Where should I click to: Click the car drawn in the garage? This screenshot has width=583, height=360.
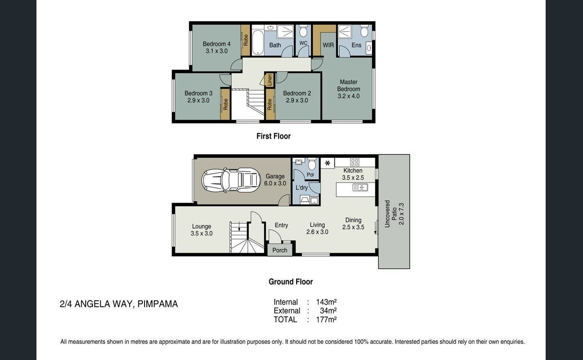[231, 180]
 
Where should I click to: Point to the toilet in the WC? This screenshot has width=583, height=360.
[303, 32]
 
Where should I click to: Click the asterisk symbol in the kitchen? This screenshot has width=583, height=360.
[327, 163]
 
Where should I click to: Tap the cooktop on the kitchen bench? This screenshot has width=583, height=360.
[355, 162]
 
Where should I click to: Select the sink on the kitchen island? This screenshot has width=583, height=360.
[360, 188]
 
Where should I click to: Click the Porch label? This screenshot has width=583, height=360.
[280, 250]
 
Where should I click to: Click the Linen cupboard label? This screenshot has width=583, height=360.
[269, 80]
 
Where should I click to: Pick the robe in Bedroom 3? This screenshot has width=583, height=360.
[225, 104]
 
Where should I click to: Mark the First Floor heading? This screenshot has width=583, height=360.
[273, 136]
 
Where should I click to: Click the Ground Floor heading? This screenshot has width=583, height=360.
[290, 282]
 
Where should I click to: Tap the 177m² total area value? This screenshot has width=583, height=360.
[326, 320]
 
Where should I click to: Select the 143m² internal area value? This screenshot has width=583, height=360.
[326, 302]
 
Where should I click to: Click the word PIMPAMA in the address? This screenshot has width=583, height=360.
[158, 304]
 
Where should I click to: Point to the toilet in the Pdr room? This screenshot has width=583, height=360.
[312, 165]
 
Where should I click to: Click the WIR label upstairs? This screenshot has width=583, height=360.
[328, 45]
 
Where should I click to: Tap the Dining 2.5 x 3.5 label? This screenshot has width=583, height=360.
[353, 224]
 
